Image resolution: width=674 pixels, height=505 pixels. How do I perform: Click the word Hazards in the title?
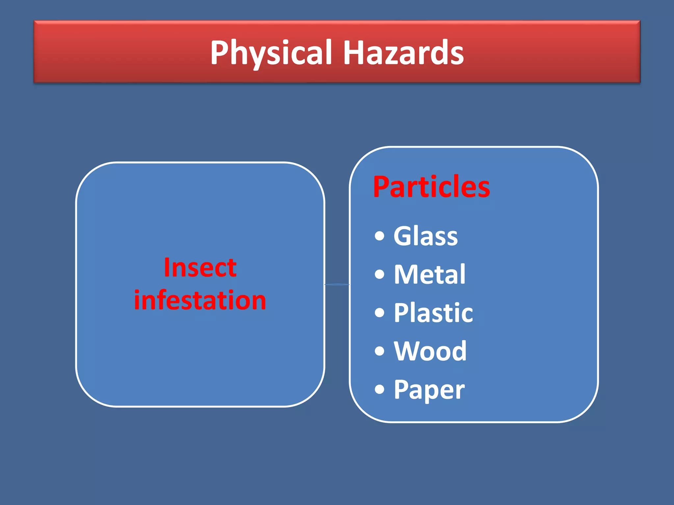coord(403,53)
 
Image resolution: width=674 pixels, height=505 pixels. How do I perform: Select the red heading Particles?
coord(431,187)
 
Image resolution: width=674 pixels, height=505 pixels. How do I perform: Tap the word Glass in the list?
coord(426,236)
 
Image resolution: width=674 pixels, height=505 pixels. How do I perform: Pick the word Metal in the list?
coord(429,274)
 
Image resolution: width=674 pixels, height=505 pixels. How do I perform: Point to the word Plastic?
coord(433,313)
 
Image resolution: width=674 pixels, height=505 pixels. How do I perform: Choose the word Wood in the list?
coord(430,351)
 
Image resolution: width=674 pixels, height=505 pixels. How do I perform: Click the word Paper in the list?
coord(429,390)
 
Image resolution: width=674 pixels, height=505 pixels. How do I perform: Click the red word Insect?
coord(200,268)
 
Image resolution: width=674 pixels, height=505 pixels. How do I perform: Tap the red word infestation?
coord(200,300)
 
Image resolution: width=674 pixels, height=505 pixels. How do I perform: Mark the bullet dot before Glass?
coord(379,236)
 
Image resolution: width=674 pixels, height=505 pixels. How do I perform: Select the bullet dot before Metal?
coord(379,274)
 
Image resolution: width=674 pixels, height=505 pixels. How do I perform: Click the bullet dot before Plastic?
coord(379,313)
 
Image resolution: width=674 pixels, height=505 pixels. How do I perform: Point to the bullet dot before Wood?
coord(379,351)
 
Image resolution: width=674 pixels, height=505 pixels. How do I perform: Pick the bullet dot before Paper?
coord(379,390)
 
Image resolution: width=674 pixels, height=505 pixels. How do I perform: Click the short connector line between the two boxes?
coord(337,284)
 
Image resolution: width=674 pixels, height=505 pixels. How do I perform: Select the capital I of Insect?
coord(167,267)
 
